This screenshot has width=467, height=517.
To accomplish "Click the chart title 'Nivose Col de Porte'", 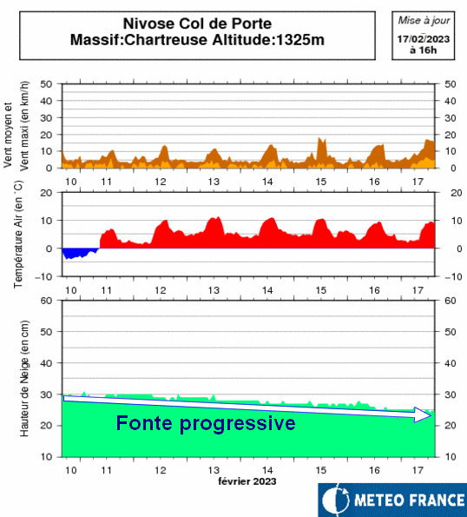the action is click(x=197, y=23).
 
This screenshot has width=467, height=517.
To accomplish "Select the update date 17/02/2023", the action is click(x=424, y=39).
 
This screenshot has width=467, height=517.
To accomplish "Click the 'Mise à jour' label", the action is click(x=424, y=21).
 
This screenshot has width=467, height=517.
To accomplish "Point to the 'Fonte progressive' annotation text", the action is click(x=206, y=423).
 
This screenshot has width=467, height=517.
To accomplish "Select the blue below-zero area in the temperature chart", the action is click(x=80, y=253).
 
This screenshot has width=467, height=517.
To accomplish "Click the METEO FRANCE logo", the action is click(x=392, y=500).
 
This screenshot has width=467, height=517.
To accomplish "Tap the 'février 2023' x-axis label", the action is click(x=247, y=481).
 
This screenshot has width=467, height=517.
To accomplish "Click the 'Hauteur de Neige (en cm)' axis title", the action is click(x=24, y=379).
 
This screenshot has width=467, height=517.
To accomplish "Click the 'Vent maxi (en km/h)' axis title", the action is click(x=24, y=126).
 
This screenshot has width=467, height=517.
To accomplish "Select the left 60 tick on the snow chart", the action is click(x=46, y=301).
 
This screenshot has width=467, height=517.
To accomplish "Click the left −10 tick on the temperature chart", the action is click(x=43, y=276).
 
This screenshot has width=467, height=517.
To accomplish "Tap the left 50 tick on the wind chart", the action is click(x=46, y=84).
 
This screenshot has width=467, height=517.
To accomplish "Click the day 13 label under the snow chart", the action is click(x=214, y=470).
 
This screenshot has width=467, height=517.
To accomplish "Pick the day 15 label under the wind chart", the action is click(x=321, y=182).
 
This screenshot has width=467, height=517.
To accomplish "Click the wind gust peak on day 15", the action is click(x=319, y=138).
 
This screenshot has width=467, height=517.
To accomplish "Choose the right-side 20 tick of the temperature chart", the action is click(x=456, y=193).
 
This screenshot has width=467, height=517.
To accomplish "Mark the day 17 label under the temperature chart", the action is click(x=418, y=290).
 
